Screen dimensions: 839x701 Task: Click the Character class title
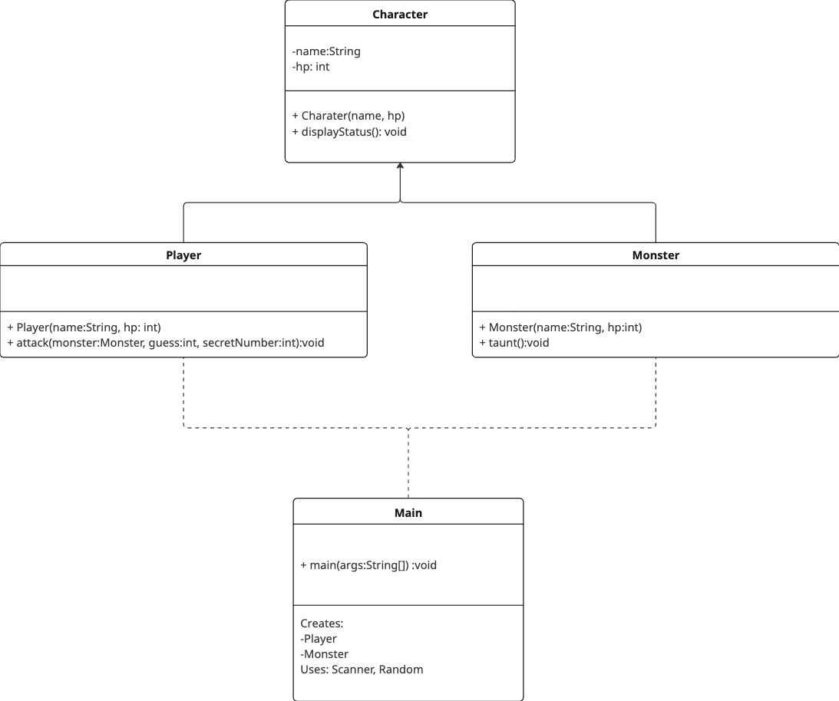pos(400,15)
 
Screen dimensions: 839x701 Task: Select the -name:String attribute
pos(326,51)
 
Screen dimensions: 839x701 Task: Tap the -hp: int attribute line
pos(311,67)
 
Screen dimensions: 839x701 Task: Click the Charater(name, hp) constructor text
pos(348,116)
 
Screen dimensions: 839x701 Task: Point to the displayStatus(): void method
pos(349,132)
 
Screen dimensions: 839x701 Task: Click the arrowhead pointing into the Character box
pos(400,166)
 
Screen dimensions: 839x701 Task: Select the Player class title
pos(183,255)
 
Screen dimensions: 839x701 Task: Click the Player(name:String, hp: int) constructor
pos(84,327)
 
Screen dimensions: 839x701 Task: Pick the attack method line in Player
pos(166,343)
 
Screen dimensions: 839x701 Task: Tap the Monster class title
pos(656,255)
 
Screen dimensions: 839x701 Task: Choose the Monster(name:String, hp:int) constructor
pos(560,327)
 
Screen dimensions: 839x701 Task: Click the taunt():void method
pos(514,343)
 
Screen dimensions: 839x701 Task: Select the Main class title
pos(408,513)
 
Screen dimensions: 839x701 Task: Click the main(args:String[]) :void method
pos(368,565)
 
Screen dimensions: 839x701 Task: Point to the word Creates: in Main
pos(322,624)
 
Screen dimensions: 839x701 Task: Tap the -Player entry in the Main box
pos(319,639)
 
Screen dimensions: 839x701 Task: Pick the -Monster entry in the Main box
pos(324,654)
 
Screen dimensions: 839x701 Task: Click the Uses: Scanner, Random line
pos(362,670)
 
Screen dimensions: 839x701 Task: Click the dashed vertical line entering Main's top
pos(408,463)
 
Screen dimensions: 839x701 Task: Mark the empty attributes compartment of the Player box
pos(183,288)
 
